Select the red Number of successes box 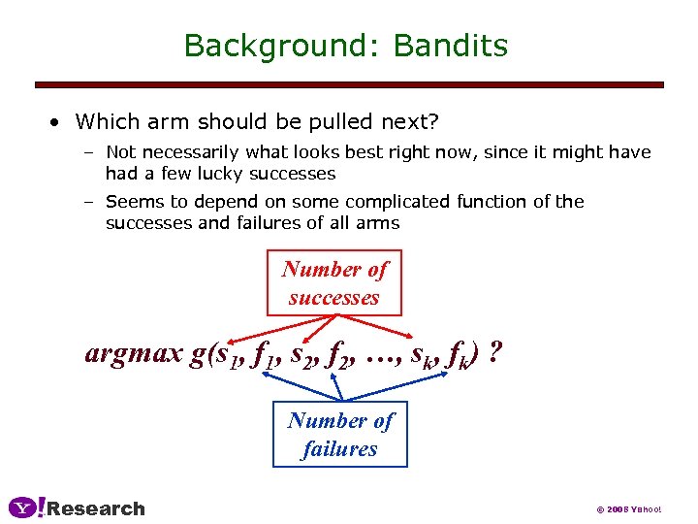333,283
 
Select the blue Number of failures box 339,435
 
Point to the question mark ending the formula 496,352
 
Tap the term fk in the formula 460,356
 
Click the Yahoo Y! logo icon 26,508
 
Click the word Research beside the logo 96,508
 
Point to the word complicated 397,202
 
